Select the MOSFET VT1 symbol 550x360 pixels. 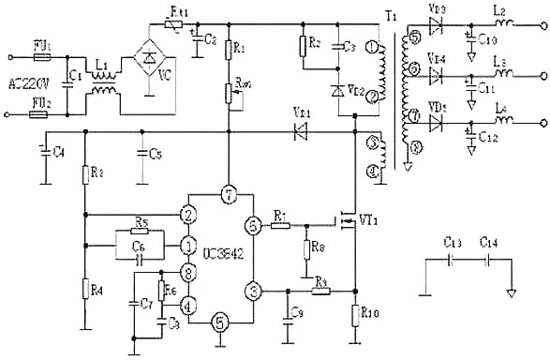tap(349, 223)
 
